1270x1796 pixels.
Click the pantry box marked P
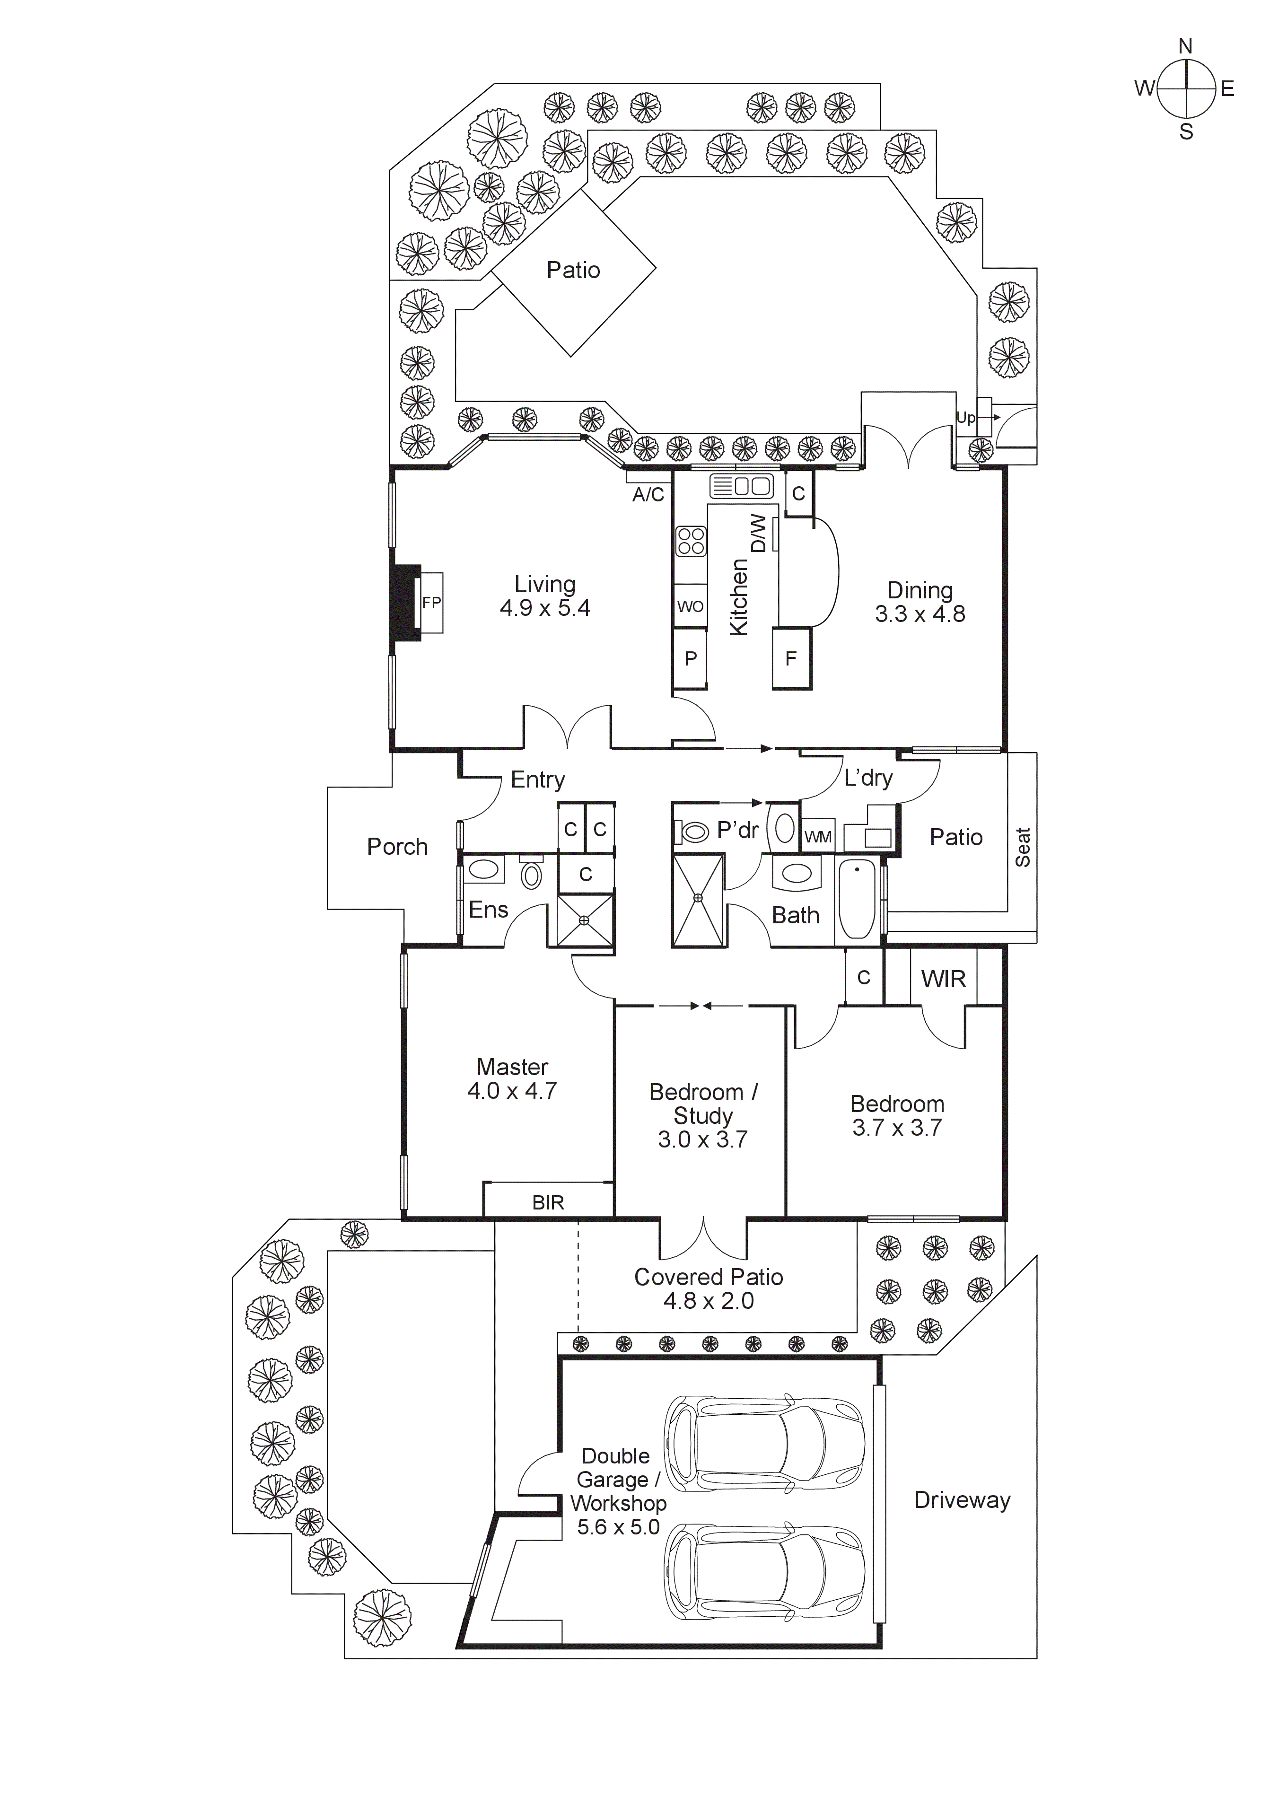coord(691,658)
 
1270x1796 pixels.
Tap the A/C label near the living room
coord(648,494)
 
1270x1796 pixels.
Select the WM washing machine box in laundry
coord(818,837)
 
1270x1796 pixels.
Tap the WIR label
coord(943,979)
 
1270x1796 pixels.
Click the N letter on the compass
coord(1185,46)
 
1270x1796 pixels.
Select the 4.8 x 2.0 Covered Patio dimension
coord(709,1301)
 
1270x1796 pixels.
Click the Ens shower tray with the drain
coord(585,920)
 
